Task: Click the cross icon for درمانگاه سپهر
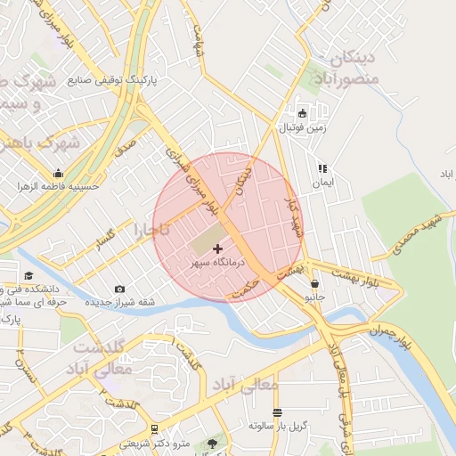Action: click(x=219, y=248)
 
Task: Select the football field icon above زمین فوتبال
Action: click(x=302, y=113)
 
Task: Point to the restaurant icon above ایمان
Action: click(x=322, y=167)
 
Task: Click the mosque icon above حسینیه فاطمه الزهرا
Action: click(x=59, y=173)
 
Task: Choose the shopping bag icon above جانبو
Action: click(x=314, y=284)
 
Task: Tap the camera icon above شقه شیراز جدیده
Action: click(x=120, y=289)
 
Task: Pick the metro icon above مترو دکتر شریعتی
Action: click(x=155, y=430)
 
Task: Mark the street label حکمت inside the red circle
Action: click(x=241, y=284)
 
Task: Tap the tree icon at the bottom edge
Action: click(x=212, y=443)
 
